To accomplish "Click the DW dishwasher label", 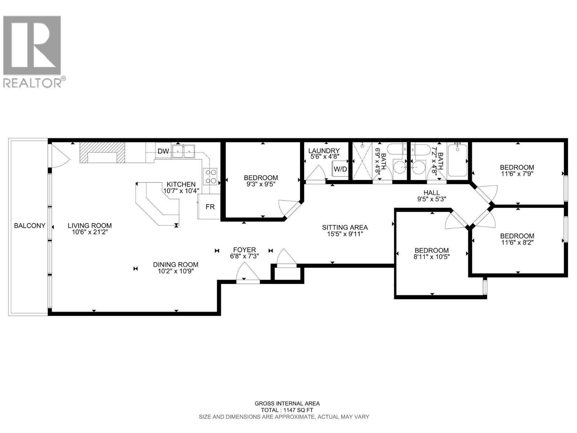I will tap(163, 151).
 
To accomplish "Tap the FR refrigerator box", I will tap(210, 207).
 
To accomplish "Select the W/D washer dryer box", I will tap(340, 169).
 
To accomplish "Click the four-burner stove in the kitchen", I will tap(210, 176).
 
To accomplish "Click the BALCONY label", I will tap(30, 226).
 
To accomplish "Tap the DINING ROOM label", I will tap(176, 264).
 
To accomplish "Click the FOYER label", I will tap(245, 250).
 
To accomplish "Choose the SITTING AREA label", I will tap(345, 227).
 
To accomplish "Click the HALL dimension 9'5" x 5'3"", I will tap(432, 199).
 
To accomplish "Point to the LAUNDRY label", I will tap(324, 151).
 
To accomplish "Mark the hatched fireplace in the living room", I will tap(102, 152).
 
